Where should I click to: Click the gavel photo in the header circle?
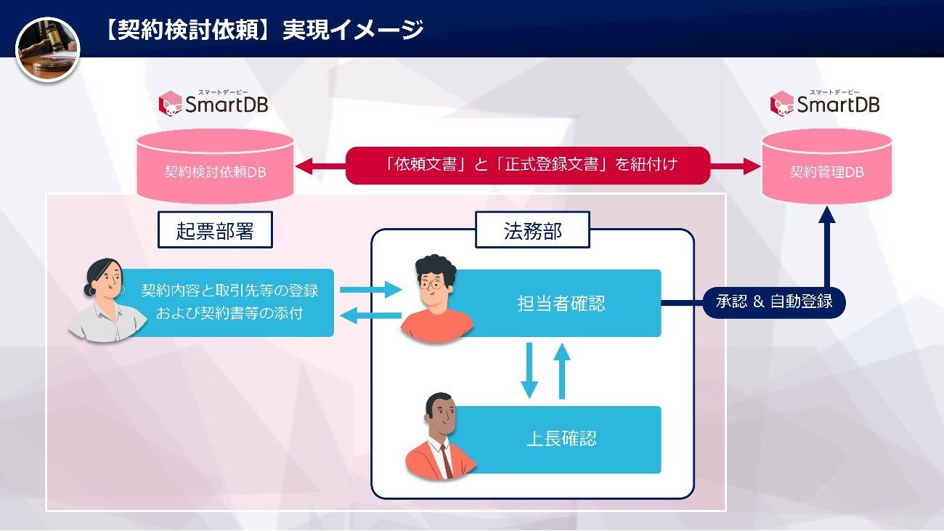pos(48,49)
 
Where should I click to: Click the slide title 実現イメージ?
pos(353,30)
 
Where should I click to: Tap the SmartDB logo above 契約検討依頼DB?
pos(213,103)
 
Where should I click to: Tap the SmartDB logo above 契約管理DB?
pos(825,103)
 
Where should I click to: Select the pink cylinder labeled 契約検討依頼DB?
pos(216,166)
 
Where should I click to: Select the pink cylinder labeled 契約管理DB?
pos(827,166)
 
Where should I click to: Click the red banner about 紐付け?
pos(528,165)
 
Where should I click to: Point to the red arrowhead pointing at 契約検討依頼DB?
pos(304,166)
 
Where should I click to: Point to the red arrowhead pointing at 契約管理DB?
pos(752,166)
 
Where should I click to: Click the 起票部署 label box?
pos(216,230)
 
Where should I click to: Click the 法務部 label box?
pos(533,230)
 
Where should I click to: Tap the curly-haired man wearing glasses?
pos(436,298)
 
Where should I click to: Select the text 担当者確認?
pos(561,304)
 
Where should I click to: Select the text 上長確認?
pos(561,439)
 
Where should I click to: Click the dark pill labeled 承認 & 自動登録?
pos(774,302)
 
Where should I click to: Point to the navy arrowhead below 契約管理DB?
pos(827,215)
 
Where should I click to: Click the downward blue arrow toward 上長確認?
pos(529,370)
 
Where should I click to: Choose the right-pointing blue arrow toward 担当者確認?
pos(371,290)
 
